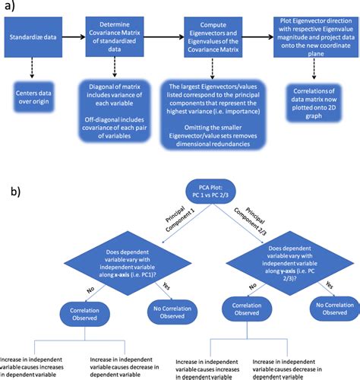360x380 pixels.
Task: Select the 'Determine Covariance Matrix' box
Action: tap(118, 35)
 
